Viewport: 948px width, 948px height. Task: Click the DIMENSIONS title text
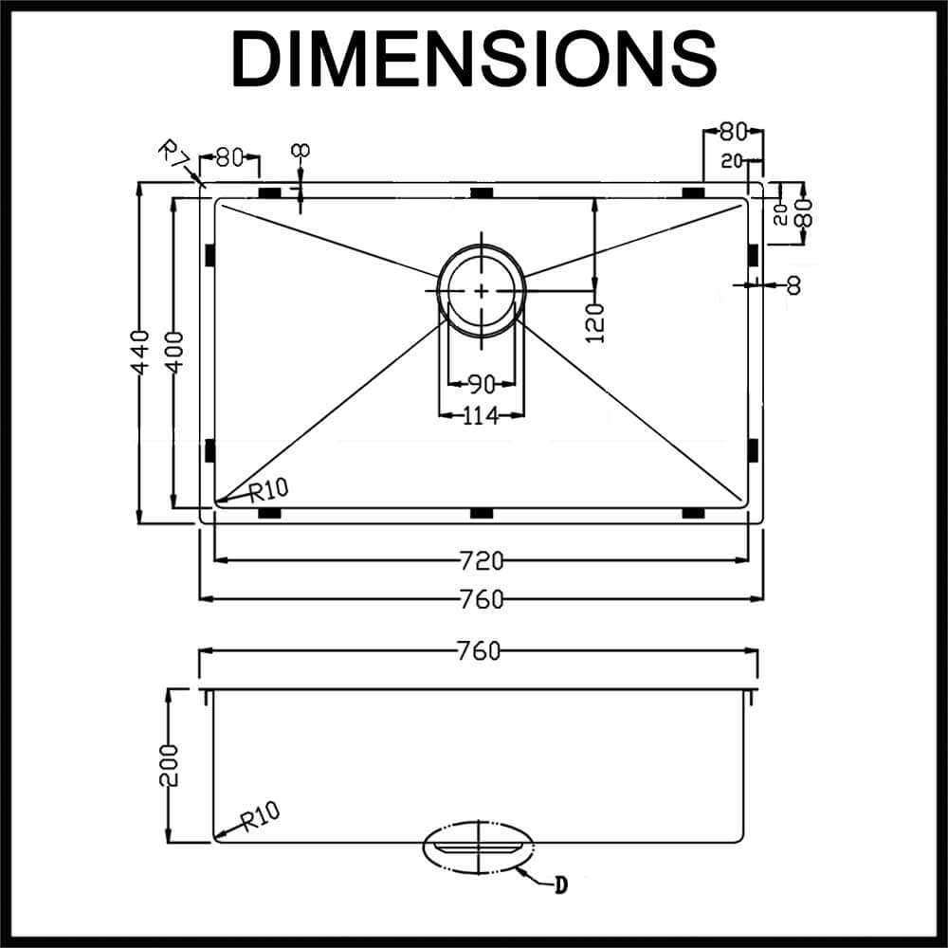pyautogui.click(x=473, y=59)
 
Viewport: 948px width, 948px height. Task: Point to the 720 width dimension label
pyautogui.click(x=482, y=561)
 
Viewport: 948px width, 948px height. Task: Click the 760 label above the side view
pyautogui.click(x=479, y=651)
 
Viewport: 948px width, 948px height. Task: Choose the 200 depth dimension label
pyautogui.click(x=170, y=764)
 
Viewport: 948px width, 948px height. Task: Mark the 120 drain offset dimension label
pyautogui.click(x=595, y=323)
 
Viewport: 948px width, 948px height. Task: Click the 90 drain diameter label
pyautogui.click(x=481, y=385)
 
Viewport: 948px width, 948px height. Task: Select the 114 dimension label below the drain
pyautogui.click(x=481, y=415)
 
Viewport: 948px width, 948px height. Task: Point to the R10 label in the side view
pyautogui.click(x=260, y=815)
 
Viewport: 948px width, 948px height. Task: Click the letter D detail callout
pyautogui.click(x=560, y=886)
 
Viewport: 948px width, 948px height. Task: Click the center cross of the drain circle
pyautogui.click(x=482, y=290)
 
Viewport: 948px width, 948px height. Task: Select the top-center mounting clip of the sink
pyautogui.click(x=482, y=193)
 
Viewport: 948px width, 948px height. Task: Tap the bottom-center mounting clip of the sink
pyautogui.click(x=482, y=513)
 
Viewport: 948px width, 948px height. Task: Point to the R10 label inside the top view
pyautogui.click(x=269, y=489)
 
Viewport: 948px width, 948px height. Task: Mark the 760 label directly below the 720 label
pyautogui.click(x=482, y=599)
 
